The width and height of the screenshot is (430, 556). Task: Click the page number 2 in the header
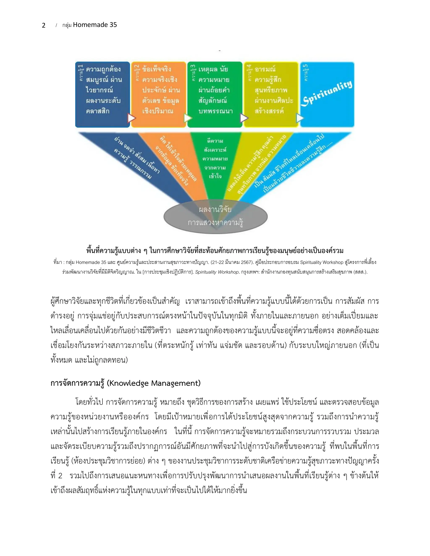tap(43, 25)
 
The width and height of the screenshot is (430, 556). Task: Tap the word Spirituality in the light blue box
tap(327, 93)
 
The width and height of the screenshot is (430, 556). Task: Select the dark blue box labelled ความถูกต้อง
tap(103, 94)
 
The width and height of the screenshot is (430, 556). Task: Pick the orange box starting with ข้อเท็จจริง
tap(159, 94)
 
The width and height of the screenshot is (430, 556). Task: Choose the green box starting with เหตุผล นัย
tap(215, 94)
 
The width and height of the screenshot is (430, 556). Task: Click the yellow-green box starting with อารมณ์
tap(271, 94)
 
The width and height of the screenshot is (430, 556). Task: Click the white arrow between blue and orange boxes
tap(131, 118)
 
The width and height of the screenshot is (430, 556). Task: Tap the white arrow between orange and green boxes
tap(188, 118)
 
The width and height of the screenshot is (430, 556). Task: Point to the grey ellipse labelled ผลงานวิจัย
tap(215, 216)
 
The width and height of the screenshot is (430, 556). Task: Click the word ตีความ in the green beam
tap(215, 141)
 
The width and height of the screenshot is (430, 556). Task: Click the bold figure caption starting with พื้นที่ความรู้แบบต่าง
tap(215, 251)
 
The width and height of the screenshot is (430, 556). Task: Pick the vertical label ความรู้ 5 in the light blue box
tap(306, 73)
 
